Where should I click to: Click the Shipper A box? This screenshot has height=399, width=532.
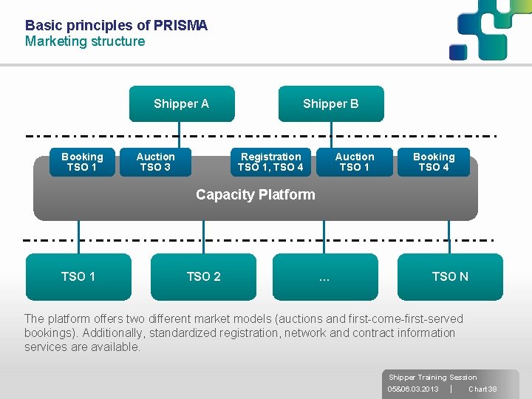coord(182,103)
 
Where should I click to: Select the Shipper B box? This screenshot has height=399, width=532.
coord(330,103)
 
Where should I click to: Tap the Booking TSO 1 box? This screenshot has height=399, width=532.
coord(82,162)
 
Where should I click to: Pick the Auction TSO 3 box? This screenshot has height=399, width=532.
coord(155,162)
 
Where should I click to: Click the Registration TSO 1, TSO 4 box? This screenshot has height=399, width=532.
coord(270,162)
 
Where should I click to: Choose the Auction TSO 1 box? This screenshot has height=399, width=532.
coord(355,162)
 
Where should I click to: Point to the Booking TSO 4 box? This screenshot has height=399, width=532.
coord(434,162)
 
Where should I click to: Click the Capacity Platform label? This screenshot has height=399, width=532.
coord(255,195)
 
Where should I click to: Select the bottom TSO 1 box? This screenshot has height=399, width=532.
coord(78,276)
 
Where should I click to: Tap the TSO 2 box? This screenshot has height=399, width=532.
coord(203,276)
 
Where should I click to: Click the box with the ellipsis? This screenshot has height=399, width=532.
coord(324,276)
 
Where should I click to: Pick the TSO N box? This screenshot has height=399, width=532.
coord(450,276)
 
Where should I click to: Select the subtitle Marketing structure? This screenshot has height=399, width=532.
coord(85,41)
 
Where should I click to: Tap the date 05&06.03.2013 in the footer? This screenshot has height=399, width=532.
coord(413,389)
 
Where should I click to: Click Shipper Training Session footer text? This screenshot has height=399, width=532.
coord(432,377)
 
